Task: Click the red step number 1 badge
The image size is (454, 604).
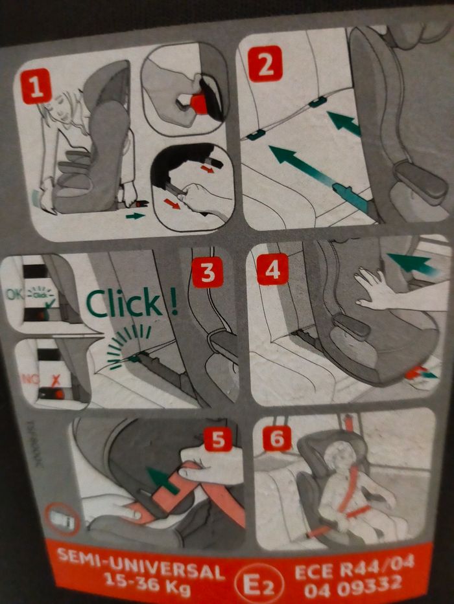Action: [x=36, y=86]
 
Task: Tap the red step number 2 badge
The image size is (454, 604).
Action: [x=265, y=63]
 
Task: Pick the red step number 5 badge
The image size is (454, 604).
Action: [x=218, y=440]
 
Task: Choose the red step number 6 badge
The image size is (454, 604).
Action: [x=277, y=438]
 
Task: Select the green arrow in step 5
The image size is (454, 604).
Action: [x=162, y=480]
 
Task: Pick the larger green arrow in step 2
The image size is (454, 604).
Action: [x=305, y=166]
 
